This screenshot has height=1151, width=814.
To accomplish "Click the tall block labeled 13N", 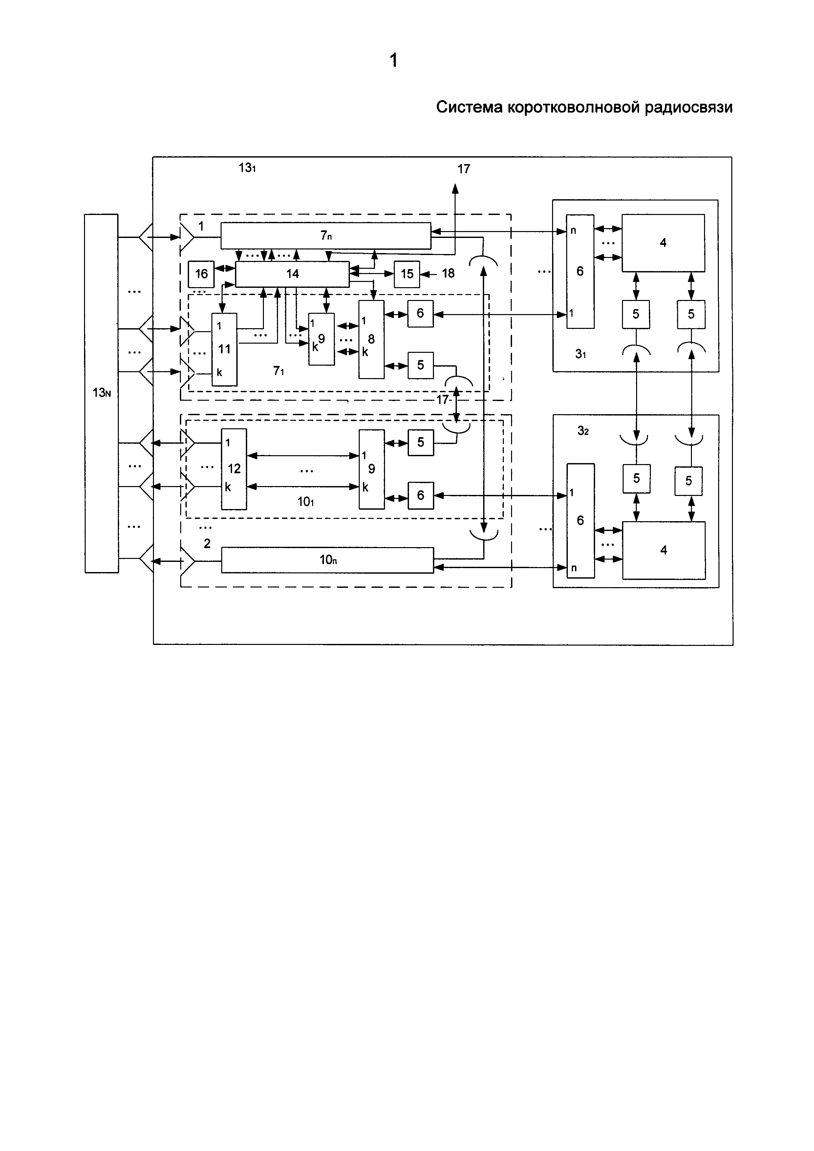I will [x=102, y=394].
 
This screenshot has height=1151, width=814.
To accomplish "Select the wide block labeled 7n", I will [x=326, y=235].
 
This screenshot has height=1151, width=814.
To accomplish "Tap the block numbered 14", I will [x=292, y=274].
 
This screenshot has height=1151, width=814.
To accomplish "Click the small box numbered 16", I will [x=201, y=274].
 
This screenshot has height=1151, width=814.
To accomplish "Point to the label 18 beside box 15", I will [x=448, y=273].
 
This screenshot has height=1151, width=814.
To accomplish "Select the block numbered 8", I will [x=372, y=339].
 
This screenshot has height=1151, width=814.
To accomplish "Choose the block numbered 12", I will [x=234, y=469].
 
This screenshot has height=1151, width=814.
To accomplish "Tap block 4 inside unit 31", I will [x=663, y=243].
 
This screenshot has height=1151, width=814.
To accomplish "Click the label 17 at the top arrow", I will [x=464, y=169].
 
